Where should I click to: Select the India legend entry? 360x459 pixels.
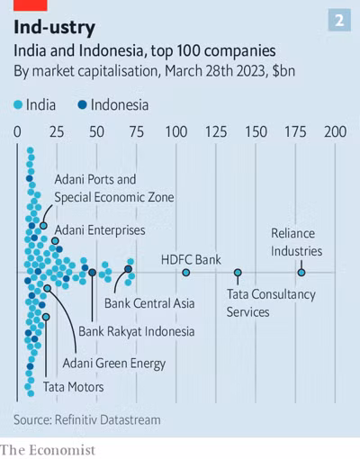(36, 104)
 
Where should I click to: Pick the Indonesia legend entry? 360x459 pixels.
(113, 104)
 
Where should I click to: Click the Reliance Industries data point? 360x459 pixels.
(301, 272)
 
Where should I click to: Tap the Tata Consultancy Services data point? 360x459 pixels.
(238, 272)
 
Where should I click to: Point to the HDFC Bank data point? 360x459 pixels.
(186, 272)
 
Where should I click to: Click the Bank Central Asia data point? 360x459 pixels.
(129, 269)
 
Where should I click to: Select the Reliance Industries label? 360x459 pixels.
(296, 242)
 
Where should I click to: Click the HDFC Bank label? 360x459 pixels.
(191, 260)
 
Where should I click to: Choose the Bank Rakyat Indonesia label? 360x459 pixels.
(136, 331)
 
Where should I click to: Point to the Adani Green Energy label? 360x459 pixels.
(113, 364)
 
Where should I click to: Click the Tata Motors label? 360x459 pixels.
(73, 387)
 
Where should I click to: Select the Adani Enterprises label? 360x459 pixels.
(100, 230)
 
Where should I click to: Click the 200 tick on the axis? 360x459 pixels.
(335, 132)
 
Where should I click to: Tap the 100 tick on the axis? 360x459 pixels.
(176, 132)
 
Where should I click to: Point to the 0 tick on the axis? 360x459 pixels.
(18, 132)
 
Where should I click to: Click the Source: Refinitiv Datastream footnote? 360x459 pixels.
(86, 419)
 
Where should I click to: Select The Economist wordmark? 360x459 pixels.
(47, 448)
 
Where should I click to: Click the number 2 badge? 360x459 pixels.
(339, 20)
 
